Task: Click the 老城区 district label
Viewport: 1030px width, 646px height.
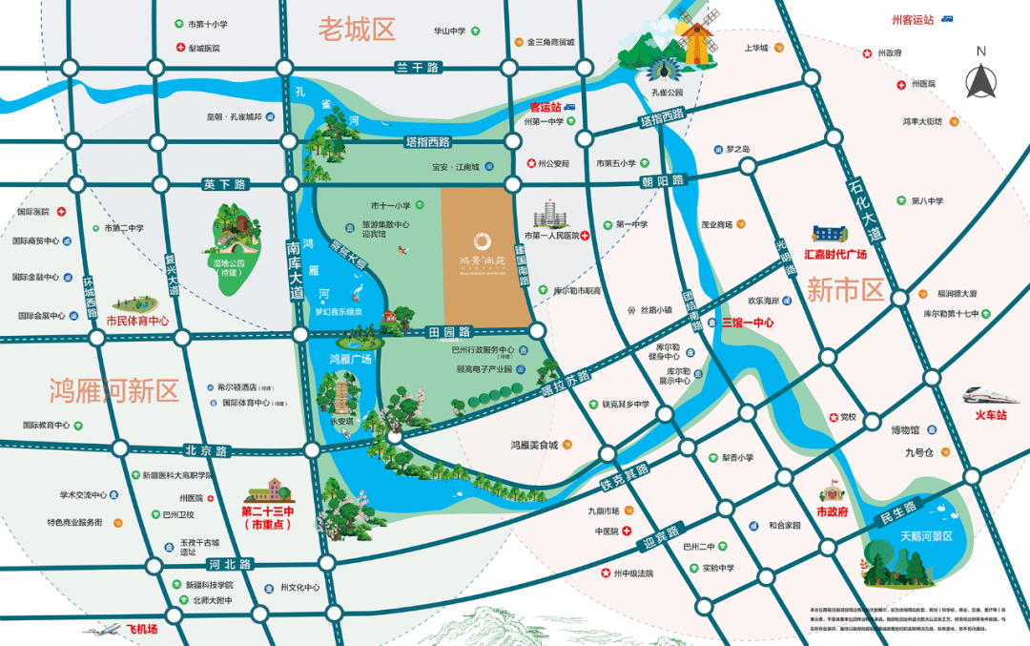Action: pos(357,30)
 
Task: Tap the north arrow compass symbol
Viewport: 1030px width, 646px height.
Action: pos(980,73)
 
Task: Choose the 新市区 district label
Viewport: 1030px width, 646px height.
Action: pos(846,290)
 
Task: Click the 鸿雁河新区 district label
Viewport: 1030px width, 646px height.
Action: pos(114,389)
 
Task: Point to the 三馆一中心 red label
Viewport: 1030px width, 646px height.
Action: pos(748,323)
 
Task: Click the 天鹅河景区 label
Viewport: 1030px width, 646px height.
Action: pos(926,536)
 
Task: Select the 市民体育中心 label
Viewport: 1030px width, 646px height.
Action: pos(137,322)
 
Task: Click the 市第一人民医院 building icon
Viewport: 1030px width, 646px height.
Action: pos(550,215)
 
